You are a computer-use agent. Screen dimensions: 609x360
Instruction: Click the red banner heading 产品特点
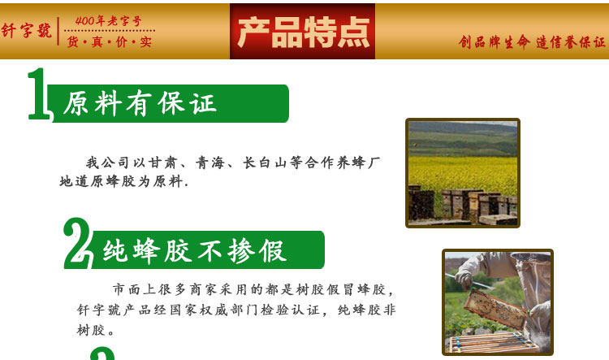point(303,33)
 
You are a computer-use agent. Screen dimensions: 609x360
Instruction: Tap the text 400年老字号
point(108,20)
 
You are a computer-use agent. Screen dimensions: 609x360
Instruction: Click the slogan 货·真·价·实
point(109,41)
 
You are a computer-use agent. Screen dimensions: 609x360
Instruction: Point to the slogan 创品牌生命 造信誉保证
point(532,42)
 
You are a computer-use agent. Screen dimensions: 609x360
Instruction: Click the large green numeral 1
point(39,94)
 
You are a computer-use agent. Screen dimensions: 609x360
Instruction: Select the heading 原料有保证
point(139,103)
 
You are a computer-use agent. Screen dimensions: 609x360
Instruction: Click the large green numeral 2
point(77,243)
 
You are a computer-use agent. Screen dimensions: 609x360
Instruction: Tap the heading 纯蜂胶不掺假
point(195,250)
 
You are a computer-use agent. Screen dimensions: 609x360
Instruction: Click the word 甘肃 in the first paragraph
point(162,163)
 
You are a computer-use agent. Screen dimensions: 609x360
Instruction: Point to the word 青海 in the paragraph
point(210,163)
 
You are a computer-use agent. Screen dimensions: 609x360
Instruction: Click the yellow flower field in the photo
point(463,174)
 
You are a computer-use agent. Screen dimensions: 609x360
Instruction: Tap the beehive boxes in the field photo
point(463,206)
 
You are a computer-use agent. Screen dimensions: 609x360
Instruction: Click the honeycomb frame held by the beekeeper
point(496,310)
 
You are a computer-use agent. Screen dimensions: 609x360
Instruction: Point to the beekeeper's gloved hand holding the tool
point(464,277)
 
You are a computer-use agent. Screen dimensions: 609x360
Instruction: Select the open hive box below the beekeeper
point(492,342)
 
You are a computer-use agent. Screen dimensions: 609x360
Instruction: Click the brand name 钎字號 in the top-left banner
point(26,30)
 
